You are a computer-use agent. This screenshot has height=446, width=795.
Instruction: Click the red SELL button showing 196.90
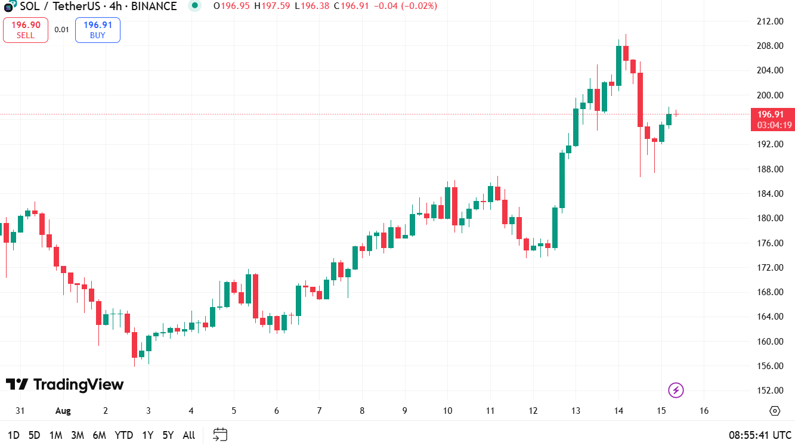26,30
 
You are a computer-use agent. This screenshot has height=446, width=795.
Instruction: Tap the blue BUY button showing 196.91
98,30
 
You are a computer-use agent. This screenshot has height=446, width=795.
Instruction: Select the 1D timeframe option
14,435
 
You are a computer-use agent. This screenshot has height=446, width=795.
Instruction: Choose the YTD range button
124,435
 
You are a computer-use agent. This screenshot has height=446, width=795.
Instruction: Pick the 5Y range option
168,435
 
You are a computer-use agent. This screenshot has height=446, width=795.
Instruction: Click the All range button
189,435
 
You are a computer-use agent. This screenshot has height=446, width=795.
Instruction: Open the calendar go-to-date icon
220,435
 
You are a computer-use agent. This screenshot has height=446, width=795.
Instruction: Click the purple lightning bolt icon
676,391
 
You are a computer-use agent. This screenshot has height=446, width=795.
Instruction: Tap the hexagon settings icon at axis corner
774,411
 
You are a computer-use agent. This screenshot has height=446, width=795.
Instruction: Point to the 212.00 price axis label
770,21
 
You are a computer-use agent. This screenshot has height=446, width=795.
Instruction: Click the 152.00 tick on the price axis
770,391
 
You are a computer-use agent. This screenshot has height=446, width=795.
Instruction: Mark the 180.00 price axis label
770,218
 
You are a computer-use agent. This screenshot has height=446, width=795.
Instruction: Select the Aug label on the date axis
63,411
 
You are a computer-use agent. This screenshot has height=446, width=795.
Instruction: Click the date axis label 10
447,411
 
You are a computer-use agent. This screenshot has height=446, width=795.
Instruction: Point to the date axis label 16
704,411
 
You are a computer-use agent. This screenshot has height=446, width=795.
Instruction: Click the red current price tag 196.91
773,120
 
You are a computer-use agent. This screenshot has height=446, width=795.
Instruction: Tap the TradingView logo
64,385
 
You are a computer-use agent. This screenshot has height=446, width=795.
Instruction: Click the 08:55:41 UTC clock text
760,435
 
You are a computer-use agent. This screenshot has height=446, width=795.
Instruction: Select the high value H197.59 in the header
272,6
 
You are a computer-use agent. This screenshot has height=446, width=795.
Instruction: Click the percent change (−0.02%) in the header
419,6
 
